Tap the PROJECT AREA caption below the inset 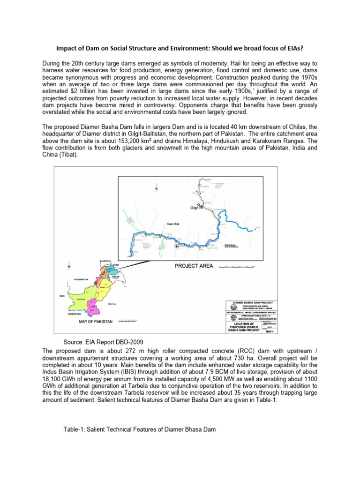pos(194,266)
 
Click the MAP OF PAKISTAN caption pos(95,322)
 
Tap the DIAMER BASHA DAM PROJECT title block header pos(252,303)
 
